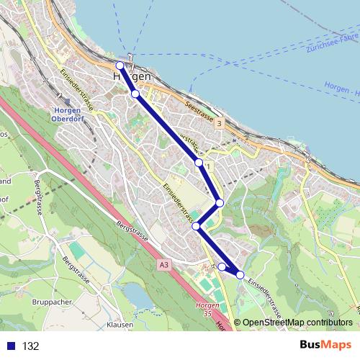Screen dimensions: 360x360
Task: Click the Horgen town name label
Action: point(132,76)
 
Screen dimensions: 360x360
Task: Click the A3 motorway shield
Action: point(164,265)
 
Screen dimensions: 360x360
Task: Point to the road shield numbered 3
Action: point(220,124)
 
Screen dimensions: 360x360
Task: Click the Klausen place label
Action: point(120,325)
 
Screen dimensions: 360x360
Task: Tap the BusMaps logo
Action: point(325,346)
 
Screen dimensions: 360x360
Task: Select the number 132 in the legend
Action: point(30,346)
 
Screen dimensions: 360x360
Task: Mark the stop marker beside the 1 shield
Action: point(199,163)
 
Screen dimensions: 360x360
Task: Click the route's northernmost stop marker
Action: point(120,65)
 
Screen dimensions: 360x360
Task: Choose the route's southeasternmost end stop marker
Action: point(240,275)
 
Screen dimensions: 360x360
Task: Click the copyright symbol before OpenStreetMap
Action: point(238,323)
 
